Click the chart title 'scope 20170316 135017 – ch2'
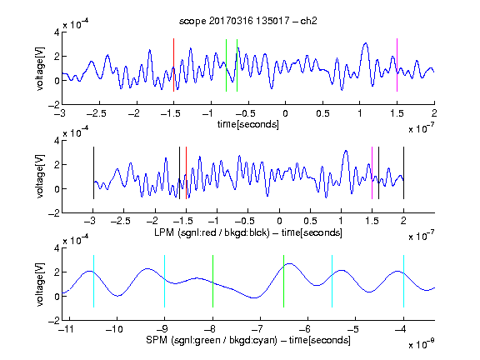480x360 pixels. [248, 21]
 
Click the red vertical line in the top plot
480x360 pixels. [173, 65]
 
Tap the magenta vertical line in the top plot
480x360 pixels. [397, 65]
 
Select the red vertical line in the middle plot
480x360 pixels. [186, 173]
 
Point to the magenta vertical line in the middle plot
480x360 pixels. [372, 173]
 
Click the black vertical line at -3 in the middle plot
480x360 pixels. [93, 173]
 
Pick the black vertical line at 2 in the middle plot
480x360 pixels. [403, 173]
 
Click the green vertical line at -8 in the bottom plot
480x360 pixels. [212, 281]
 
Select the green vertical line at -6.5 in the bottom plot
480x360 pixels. [284, 281]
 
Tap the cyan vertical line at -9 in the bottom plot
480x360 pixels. [165, 281]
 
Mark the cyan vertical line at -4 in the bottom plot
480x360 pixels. [403, 281]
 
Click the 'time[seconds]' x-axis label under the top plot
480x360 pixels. [248, 124]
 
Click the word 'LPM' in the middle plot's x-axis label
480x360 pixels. [164, 232]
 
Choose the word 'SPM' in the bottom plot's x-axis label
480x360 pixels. [157, 340]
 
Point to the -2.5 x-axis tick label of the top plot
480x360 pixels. [97, 113]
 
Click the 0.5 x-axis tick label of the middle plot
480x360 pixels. [310, 221]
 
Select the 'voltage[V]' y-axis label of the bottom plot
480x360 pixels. [40, 285]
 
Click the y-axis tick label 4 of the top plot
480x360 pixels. [57, 32]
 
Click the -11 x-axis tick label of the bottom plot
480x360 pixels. [66, 329]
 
